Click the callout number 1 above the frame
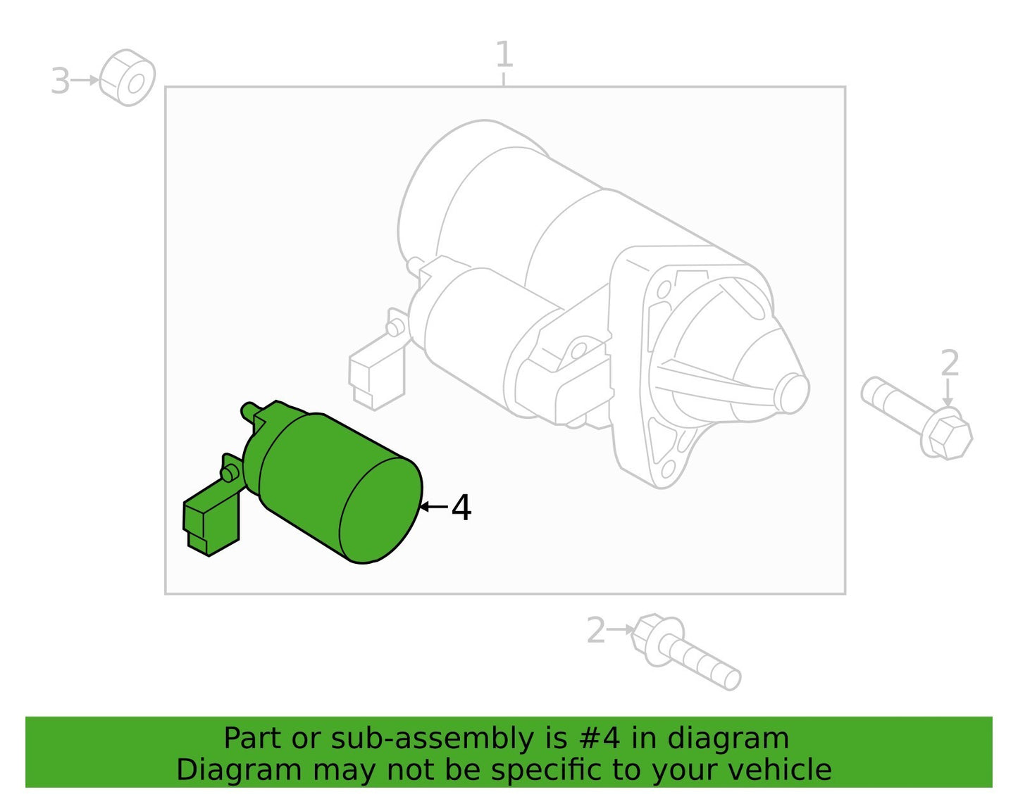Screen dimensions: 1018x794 coord(504,54)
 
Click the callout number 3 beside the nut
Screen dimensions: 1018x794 coord(61,80)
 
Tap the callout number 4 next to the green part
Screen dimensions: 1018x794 coord(461,508)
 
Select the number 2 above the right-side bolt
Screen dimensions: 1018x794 coord(949,363)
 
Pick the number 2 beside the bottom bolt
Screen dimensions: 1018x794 coord(596,631)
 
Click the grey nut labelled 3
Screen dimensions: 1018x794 coord(127,77)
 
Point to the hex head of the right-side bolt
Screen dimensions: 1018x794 coord(946,434)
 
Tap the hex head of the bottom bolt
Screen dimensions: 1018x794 coord(656,638)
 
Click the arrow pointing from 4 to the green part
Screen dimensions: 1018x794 coord(434,506)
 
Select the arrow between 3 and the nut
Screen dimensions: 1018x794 coord(85,80)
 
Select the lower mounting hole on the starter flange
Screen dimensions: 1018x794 coord(668,468)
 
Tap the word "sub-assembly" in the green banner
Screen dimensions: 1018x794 coord(432,739)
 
